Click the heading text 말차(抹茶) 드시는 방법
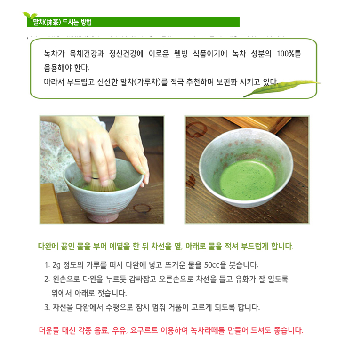pos(63,22)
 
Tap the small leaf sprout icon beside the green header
pos(30,16)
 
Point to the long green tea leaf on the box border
pos(282,88)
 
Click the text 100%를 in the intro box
pos(289,54)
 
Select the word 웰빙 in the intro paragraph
pos(181,54)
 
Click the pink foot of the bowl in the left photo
pos(103,217)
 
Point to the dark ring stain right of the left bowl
pos(142,208)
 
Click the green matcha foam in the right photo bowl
pos(248,180)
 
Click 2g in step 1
pos(56,265)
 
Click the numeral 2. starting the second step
pos(47,280)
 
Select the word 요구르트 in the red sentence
pos(144,330)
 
